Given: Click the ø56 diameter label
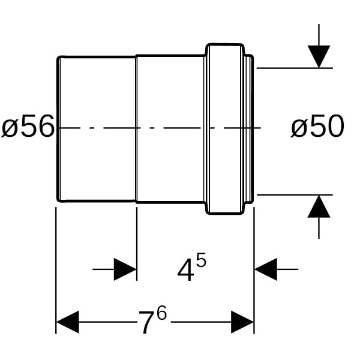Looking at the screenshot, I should coord(28,128).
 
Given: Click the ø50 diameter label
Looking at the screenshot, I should coord(317,127).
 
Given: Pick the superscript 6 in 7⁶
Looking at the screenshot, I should coord(161,313).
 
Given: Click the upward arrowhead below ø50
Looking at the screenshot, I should coord(319,206).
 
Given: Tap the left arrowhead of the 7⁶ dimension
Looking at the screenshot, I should coord(67,322).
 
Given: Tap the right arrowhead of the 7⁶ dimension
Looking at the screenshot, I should coord(242,322).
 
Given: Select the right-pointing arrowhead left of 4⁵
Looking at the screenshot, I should coord(125,270).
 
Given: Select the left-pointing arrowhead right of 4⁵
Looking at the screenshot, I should coord(266,270).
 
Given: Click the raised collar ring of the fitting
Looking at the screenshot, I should coord(225,128).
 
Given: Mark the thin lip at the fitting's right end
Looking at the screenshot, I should coord(250,128).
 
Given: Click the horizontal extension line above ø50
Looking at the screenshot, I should coord(294,68).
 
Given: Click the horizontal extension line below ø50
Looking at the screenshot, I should coord(294,194).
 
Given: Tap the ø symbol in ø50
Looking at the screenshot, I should coord(299,127).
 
